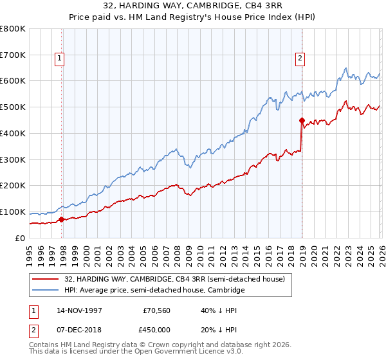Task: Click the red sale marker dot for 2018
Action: click(302, 120)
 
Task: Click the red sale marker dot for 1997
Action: click(62, 219)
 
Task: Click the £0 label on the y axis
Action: click(19, 238)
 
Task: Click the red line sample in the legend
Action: click(47, 278)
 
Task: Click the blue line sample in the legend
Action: click(47, 291)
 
